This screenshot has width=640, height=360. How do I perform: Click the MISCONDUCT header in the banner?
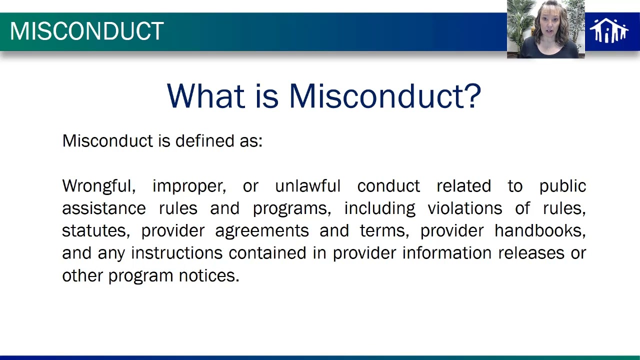point(86,31)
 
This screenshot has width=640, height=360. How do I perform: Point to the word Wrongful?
point(98,186)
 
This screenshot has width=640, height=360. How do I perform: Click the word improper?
point(189,186)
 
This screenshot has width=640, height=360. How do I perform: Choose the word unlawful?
point(307,186)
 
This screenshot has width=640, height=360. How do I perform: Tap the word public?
point(562,186)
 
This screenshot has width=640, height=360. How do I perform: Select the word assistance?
point(104,208)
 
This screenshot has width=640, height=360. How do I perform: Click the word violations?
point(464,208)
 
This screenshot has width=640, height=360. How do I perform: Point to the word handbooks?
point(540,231)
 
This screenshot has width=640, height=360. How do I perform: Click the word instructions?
point(176,253)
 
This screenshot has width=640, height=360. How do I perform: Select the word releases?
point(531,253)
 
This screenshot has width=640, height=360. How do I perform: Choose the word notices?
point(209,275)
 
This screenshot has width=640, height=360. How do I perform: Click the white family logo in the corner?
point(608,31)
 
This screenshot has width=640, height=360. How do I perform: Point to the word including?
point(379,209)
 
